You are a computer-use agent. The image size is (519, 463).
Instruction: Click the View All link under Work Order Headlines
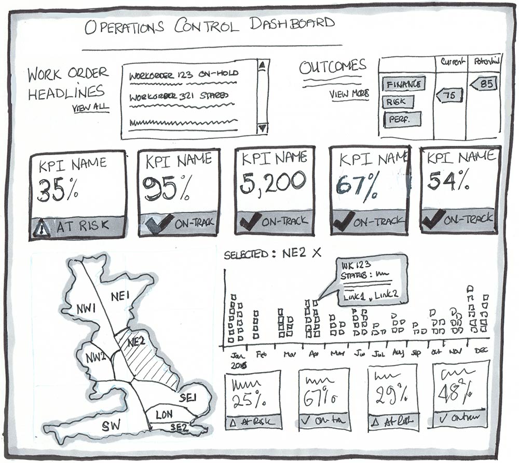tap(91, 108)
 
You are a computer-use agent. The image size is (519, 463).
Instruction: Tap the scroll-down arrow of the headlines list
tap(262, 128)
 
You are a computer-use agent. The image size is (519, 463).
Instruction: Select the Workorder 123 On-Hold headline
tap(183, 74)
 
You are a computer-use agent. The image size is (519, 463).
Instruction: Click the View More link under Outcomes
tap(349, 94)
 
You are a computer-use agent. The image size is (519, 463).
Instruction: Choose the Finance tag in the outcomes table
tap(404, 84)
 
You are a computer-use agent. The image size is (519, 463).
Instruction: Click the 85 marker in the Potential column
tap(484, 83)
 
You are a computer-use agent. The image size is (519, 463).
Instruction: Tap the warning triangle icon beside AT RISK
tap(42, 227)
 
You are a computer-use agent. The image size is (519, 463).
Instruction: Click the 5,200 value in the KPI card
tap(273, 182)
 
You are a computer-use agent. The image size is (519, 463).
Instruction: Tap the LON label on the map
tap(163, 414)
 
